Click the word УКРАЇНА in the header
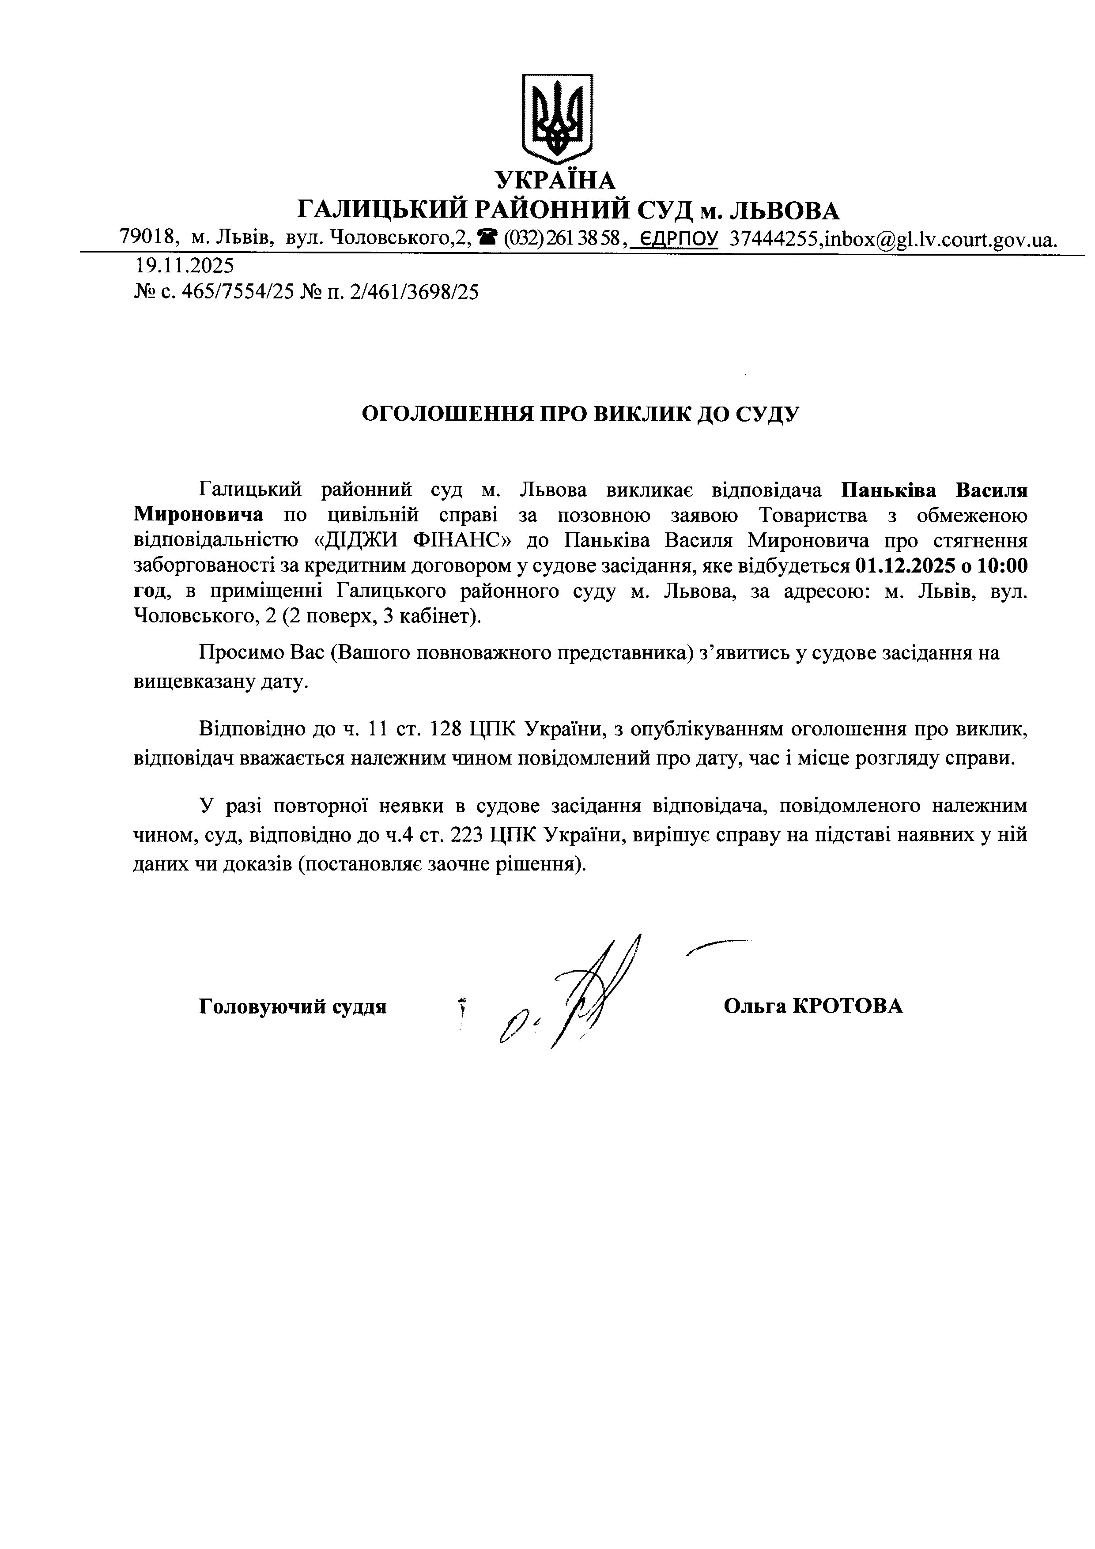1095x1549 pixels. pyautogui.click(x=556, y=180)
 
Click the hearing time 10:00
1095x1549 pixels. pyautogui.click(x=1003, y=566)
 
